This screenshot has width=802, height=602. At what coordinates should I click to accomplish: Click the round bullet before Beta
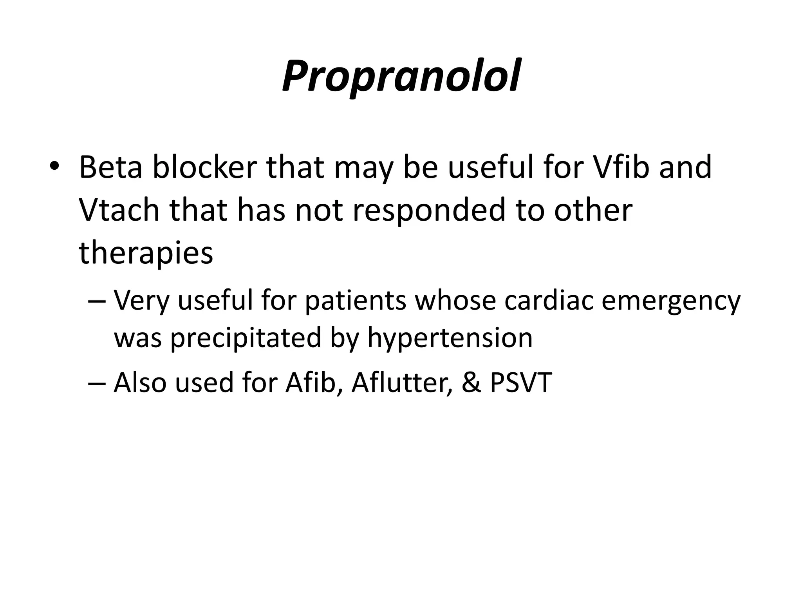tap(54, 166)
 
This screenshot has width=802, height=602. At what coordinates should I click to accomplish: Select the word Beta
tap(110, 167)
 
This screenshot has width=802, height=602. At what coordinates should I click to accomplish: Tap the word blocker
tap(204, 167)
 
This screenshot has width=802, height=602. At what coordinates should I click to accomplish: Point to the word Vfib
tap(621, 167)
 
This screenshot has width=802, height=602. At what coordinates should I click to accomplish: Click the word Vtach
tap(119, 210)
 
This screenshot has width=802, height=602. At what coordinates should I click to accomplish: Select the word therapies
tap(146, 254)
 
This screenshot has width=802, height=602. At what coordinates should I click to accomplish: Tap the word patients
tap(356, 301)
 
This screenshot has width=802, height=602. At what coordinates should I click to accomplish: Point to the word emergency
tap(671, 301)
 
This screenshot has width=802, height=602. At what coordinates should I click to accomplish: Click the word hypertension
tap(450, 338)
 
